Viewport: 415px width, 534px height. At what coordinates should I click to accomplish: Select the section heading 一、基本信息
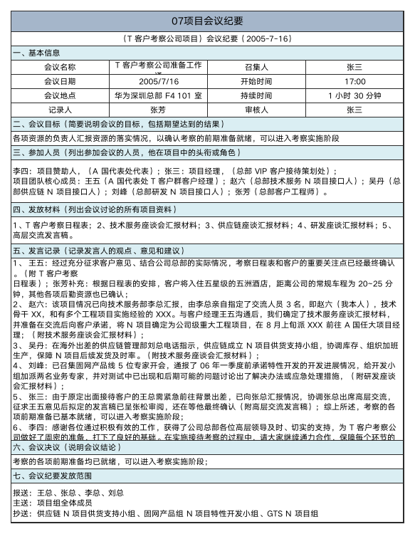click(x=37, y=53)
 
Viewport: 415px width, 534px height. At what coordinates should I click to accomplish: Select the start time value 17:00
click(x=354, y=81)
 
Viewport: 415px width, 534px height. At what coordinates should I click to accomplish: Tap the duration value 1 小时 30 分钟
click(x=354, y=95)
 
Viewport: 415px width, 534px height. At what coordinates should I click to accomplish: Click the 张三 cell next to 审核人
click(x=354, y=110)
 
